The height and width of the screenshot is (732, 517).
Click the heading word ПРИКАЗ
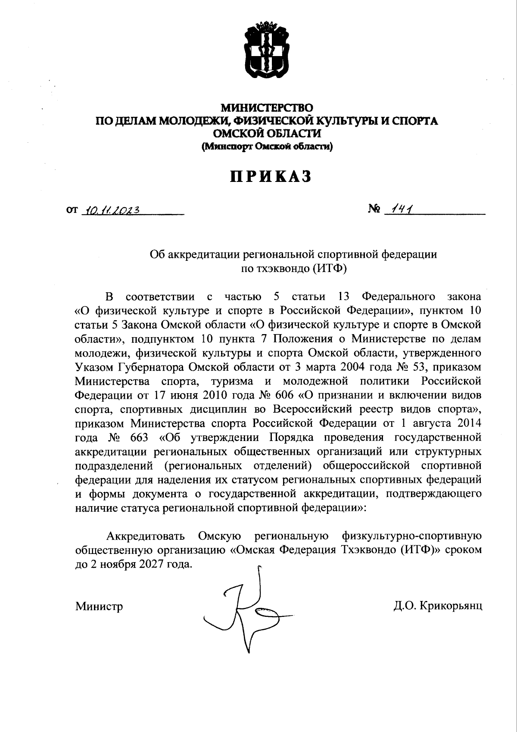pos(270,177)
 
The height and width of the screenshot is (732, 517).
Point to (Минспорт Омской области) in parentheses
pos(267,147)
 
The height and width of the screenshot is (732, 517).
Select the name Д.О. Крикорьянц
pos(437,606)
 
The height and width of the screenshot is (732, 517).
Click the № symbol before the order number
pos(374,210)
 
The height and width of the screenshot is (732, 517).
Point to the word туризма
pos(231,382)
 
